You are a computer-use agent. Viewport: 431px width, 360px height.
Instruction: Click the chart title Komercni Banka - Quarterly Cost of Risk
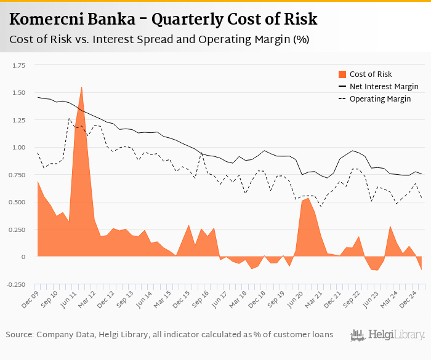point(163,20)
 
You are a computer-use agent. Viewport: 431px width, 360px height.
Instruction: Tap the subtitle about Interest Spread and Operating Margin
point(159,40)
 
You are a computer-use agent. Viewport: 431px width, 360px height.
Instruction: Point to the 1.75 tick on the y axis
point(18,65)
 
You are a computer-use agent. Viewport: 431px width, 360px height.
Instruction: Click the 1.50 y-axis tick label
point(18,93)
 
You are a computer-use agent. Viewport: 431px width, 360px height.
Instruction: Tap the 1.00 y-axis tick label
point(18,148)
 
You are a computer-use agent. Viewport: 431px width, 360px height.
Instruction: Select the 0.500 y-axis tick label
point(17,202)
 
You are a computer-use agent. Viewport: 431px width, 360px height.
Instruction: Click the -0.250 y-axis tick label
point(15,284)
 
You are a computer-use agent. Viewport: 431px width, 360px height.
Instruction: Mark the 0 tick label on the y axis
point(24,257)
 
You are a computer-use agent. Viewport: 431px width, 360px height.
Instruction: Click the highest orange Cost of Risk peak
point(81,88)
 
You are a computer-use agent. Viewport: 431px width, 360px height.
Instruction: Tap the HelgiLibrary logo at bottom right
point(387,335)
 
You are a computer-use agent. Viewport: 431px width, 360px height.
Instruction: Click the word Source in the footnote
point(20,335)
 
